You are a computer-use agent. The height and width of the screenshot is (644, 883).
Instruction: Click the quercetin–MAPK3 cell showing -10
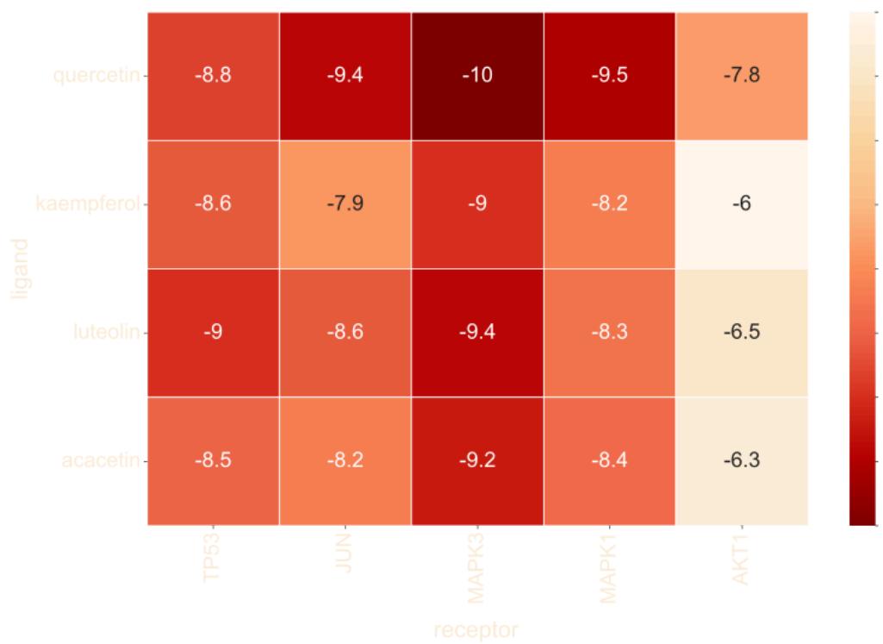click(x=477, y=75)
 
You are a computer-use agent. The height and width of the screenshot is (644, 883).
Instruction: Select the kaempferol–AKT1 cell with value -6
click(x=741, y=204)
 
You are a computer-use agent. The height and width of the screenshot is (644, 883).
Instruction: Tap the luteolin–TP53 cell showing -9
click(x=213, y=332)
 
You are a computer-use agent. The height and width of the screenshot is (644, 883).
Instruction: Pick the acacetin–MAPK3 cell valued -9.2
click(x=477, y=460)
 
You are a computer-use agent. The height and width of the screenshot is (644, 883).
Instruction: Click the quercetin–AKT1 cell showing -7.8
click(x=741, y=75)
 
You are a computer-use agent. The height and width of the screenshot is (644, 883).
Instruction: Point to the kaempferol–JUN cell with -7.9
click(x=345, y=204)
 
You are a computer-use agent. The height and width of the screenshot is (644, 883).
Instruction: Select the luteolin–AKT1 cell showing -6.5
click(x=741, y=332)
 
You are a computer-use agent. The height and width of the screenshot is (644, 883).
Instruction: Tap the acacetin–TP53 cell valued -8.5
click(x=213, y=460)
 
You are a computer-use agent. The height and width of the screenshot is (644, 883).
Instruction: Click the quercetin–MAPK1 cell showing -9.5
click(x=609, y=75)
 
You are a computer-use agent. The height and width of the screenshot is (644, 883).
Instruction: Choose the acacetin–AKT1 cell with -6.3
click(x=741, y=460)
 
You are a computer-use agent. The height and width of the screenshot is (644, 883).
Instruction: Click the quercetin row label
click(x=96, y=75)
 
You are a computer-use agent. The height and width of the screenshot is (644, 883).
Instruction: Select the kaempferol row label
click(x=87, y=204)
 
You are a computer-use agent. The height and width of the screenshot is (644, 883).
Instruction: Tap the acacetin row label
click(x=100, y=460)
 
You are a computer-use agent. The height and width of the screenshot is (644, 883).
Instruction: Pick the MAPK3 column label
click(x=477, y=568)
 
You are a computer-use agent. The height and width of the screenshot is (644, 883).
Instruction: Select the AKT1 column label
click(x=741, y=560)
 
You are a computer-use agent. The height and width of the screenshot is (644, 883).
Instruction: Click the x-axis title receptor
click(x=476, y=630)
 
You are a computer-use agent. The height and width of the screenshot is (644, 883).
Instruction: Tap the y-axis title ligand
click(x=20, y=268)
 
